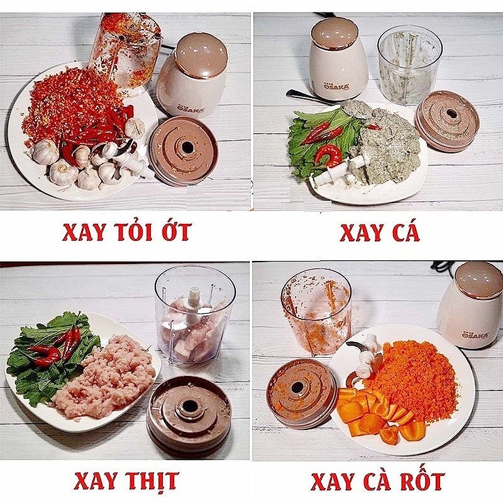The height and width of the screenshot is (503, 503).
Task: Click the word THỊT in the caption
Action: point(149,480)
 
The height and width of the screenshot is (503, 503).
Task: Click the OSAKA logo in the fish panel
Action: point(335,86)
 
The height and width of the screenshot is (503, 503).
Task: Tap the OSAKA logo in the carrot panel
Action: point(475,335)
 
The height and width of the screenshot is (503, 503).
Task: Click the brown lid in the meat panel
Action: point(189,414)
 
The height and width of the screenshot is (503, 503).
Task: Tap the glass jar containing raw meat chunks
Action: point(194,316)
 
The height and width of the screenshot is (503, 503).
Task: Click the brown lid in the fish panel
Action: point(447,121)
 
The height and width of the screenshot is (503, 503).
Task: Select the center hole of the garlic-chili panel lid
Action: point(187,147)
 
